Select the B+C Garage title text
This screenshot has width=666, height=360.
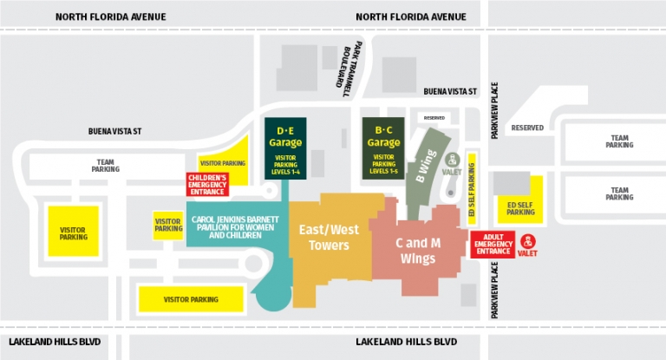click(x=383, y=136)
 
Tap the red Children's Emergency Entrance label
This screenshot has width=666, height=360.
click(x=209, y=184)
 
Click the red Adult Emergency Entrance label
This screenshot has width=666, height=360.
click(x=493, y=244)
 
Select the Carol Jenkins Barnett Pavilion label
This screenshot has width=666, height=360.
click(x=235, y=227)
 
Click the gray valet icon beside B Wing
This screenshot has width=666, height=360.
click(x=452, y=160)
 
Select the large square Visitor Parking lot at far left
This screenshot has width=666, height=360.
click(x=73, y=232)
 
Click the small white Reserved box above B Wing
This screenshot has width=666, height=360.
click(x=434, y=117)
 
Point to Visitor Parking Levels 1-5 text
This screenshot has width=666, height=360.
click(x=383, y=163)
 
